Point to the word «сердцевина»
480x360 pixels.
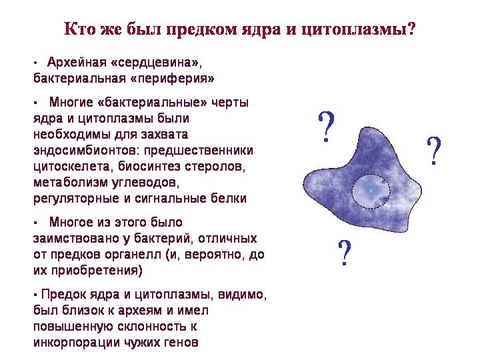pyautogui.click(x=154, y=63)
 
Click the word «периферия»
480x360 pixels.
pyautogui.click(x=173, y=79)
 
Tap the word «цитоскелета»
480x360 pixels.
pyautogui.click(x=71, y=167)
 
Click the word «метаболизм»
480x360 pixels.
pyautogui.click(x=71, y=183)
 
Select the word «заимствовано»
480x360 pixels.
pyautogui.click(x=76, y=238)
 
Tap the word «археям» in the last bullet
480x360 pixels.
pyautogui.click(x=140, y=311)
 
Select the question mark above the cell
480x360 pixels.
pyautogui.click(x=326, y=127)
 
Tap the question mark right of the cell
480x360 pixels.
pyautogui.click(x=433, y=151)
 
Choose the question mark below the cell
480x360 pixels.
pyautogui.click(x=345, y=253)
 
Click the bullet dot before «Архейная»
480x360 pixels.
pyautogui.click(x=35, y=63)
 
